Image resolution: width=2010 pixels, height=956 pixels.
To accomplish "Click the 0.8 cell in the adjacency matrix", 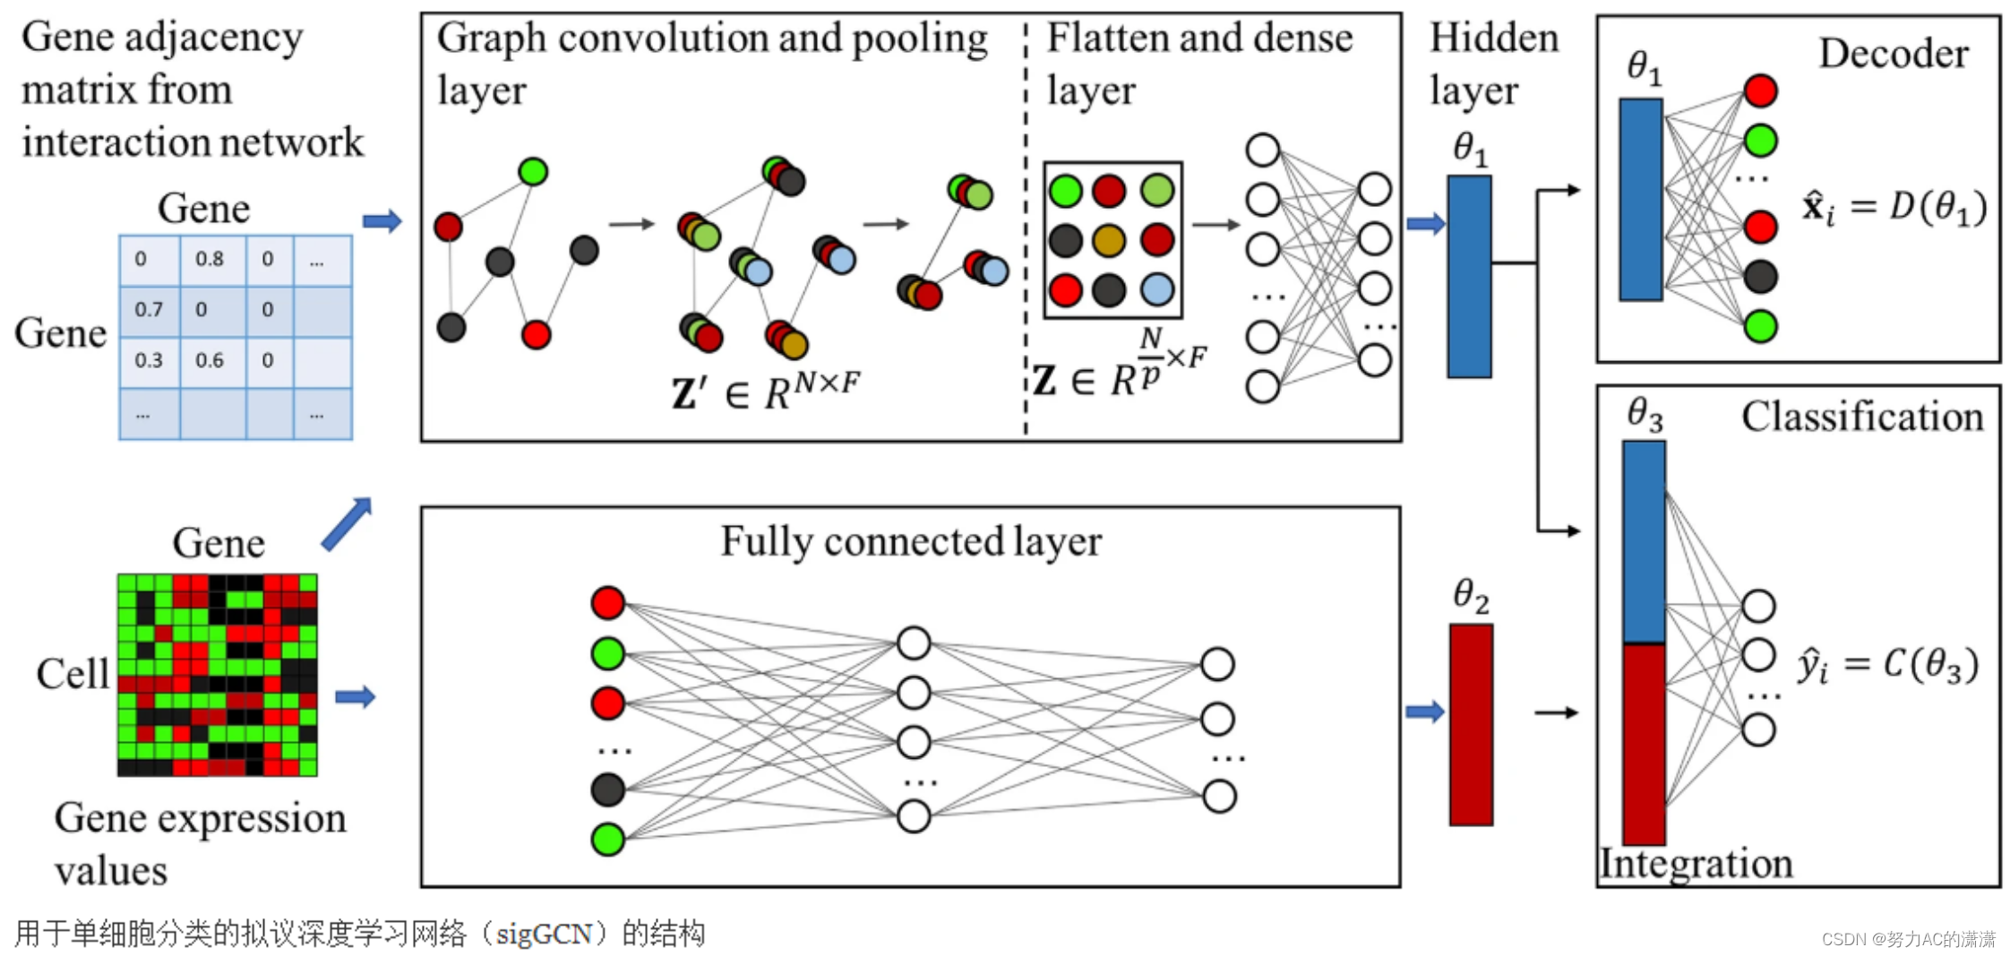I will [x=210, y=259].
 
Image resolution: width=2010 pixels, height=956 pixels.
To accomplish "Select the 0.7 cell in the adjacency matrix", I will [x=149, y=310].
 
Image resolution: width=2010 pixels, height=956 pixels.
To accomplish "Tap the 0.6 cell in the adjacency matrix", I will [x=210, y=360].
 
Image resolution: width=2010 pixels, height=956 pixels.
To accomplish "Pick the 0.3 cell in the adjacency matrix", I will [x=149, y=360].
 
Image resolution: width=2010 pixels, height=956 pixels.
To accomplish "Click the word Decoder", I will [x=1893, y=54].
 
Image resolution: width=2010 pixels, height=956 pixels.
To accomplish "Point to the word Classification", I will [x=1861, y=417].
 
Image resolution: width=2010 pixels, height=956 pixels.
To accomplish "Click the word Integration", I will [x=1696, y=864].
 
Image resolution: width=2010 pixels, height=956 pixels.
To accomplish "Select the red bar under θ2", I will [x=1471, y=724].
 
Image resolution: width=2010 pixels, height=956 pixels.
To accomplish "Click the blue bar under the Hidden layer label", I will [x=1469, y=276].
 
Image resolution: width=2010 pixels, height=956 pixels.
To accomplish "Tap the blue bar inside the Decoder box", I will [x=1640, y=199].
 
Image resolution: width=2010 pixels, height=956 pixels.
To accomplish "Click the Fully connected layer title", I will [x=911, y=541].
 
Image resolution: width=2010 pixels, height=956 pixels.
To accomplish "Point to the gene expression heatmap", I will [x=218, y=675].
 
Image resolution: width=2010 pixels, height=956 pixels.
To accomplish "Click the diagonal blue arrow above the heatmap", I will [x=347, y=523].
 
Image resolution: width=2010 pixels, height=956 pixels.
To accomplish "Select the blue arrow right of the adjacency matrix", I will [x=382, y=221].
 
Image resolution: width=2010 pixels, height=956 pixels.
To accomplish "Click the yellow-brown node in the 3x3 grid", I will [x=1109, y=240].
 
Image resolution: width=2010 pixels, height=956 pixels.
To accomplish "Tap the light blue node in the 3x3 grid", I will [x=1157, y=289].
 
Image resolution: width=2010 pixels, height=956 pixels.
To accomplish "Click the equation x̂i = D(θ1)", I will [x=1894, y=208].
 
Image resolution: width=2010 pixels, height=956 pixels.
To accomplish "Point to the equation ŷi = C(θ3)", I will [x=1886, y=665].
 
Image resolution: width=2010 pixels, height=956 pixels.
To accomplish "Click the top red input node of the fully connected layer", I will [x=607, y=603].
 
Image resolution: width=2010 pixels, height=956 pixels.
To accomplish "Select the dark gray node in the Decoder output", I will [x=1760, y=277].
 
